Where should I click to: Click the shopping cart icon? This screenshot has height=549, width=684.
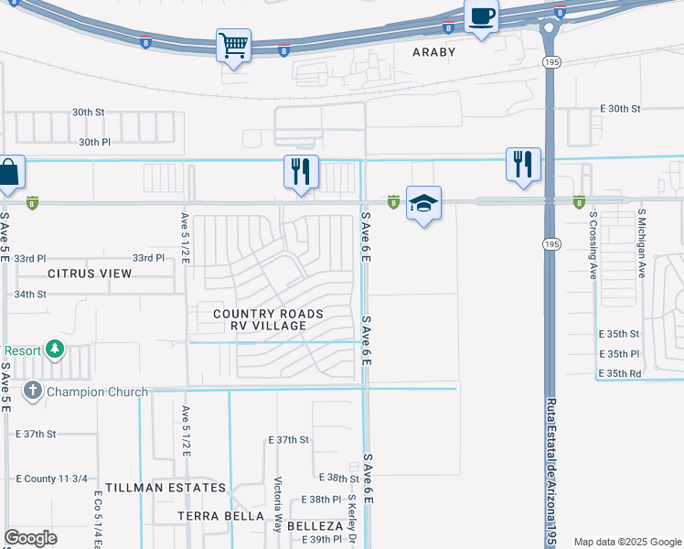(233, 45)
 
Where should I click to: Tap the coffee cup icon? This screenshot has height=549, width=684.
(481, 16)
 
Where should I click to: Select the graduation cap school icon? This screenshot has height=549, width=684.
(423, 203)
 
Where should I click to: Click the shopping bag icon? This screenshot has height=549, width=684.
(9, 172)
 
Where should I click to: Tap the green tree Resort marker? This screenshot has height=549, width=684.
(55, 350)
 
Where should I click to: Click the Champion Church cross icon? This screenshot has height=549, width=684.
(33, 392)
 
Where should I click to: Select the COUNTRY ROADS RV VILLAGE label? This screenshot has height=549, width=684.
(268, 319)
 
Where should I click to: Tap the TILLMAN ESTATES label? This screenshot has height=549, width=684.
(165, 488)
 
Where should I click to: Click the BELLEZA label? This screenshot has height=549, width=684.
(315, 527)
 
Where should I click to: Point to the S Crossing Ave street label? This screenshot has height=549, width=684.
(593, 244)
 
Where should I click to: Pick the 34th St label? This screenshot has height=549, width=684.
(55, 294)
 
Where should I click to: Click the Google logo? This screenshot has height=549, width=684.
(30, 538)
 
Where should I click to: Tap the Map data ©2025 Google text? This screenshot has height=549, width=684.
(626, 542)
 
